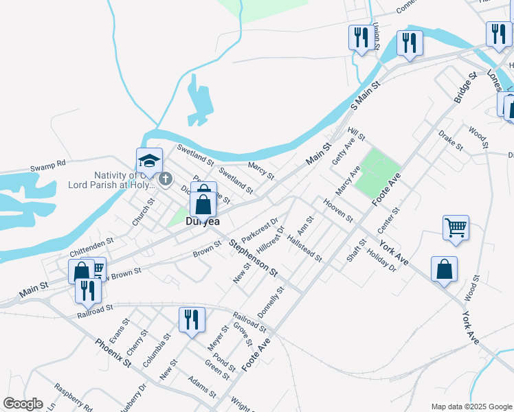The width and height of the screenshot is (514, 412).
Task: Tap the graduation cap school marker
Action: click(150, 161)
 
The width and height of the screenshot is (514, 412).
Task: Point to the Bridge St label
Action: click(465, 88)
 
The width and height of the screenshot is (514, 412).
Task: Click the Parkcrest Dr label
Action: click(260, 230)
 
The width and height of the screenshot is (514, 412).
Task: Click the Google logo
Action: click(23, 404)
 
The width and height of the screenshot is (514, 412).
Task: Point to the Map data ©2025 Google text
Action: click(471, 407)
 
